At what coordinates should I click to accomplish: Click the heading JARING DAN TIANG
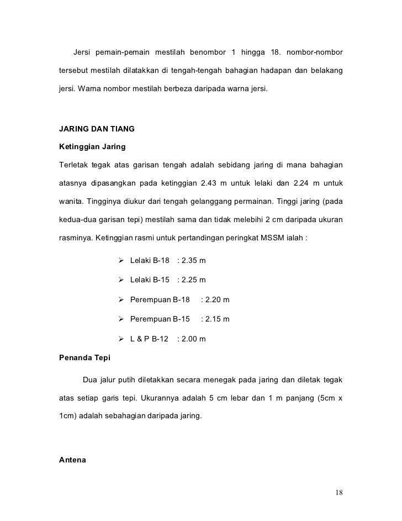pyautogui.click(x=96, y=129)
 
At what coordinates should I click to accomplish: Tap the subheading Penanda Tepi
pyautogui.click(x=84, y=357)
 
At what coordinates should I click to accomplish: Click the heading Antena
pyautogui.click(x=72, y=458)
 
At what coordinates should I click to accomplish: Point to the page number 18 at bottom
pyautogui.click(x=338, y=493)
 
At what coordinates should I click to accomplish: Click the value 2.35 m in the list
pyautogui.click(x=193, y=260)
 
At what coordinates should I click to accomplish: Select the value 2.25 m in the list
pyautogui.click(x=193, y=280)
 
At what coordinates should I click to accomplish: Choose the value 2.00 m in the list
pyautogui.click(x=193, y=339)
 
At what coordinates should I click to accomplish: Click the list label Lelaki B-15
pyautogui.click(x=150, y=280)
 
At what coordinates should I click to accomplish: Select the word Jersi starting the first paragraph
pyautogui.click(x=82, y=52)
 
